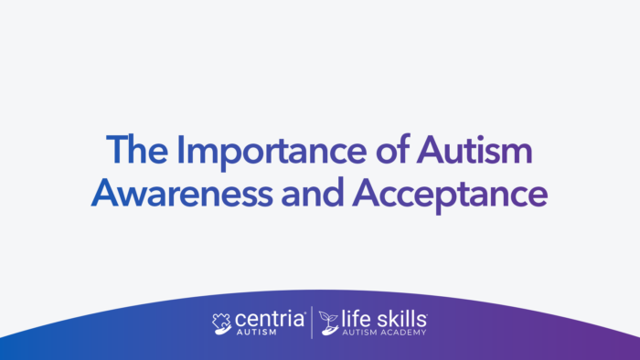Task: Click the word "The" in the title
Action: pyautogui.click(x=134, y=150)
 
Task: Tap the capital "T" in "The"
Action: pyautogui.click(x=114, y=150)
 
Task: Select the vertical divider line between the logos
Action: pyautogui.click(x=313, y=323)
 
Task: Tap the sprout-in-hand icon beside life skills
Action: pyautogui.click(x=328, y=323)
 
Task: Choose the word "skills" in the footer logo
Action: pyautogui.click(x=401, y=319)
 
